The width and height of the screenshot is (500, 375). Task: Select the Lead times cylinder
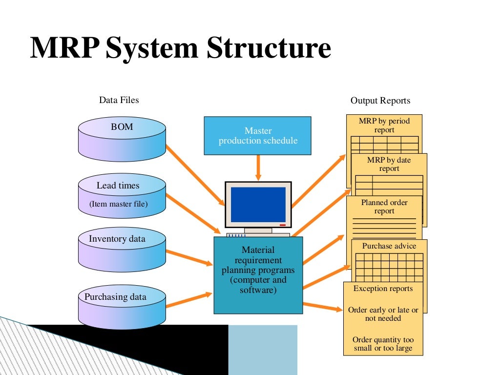[x=122, y=195]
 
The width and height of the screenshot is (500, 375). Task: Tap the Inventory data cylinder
[x=122, y=249]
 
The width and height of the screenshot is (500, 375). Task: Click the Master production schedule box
[x=257, y=136]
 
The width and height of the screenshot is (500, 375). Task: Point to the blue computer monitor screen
[x=258, y=204]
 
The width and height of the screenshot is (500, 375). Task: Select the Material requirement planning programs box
[x=258, y=275]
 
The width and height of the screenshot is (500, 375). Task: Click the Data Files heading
[x=119, y=100]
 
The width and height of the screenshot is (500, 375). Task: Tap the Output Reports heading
[x=380, y=101]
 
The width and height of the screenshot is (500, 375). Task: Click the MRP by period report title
[x=384, y=125]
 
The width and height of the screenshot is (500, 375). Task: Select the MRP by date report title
[x=389, y=164]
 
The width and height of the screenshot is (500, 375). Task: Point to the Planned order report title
[x=384, y=207]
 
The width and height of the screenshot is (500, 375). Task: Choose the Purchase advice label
[x=389, y=246]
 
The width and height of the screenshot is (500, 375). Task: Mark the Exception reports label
[x=383, y=289]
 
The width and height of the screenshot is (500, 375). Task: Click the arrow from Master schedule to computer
[x=258, y=167]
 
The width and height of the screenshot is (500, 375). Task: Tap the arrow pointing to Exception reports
[x=322, y=307]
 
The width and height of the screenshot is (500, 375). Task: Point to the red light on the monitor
[x=283, y=225]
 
